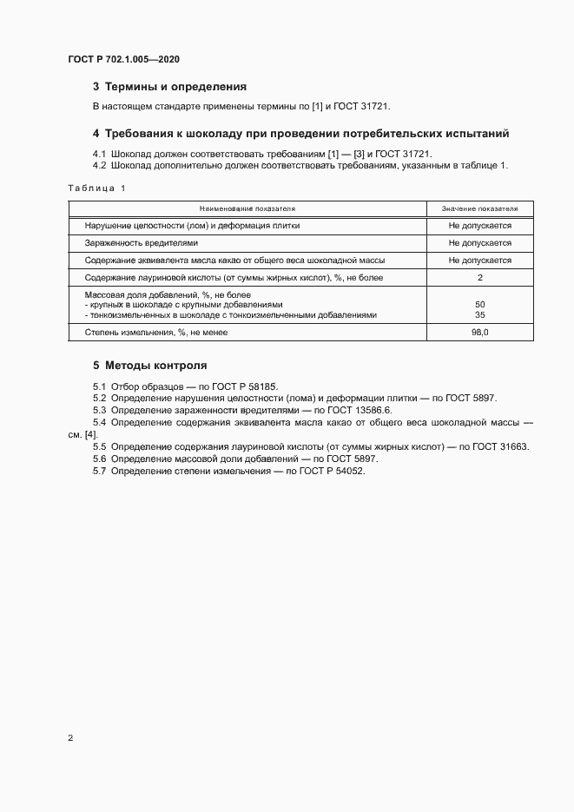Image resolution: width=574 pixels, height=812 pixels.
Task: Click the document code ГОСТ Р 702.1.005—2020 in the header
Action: coord(123,60)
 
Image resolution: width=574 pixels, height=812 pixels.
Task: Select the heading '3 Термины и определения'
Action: coord(170,87)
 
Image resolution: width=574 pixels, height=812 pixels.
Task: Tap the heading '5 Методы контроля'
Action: coord(150,365)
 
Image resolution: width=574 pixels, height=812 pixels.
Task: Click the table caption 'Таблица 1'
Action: coord(96,188)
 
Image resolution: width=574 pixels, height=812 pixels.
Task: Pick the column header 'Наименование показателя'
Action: coord(247,209)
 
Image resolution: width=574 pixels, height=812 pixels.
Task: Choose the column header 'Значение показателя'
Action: coord(479,209)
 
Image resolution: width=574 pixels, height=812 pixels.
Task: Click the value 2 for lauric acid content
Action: coord(479,278)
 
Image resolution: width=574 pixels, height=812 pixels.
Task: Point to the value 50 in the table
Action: coord(479,305)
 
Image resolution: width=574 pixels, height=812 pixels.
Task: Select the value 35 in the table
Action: coord(479,315)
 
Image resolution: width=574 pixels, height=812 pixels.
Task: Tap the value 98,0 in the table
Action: coord(479,333)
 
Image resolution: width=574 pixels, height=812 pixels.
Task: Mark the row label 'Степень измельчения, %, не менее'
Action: coord(154,333)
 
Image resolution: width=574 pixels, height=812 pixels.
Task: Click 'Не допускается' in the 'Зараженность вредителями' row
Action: coord(479,243)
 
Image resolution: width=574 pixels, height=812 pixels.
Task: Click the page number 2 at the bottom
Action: coord(70,738)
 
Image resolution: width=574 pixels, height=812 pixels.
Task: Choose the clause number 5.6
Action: coord(99,458)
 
